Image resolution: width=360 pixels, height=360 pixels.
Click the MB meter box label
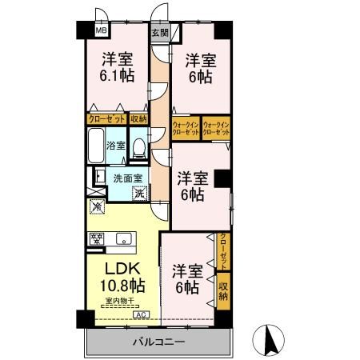coord(101,31)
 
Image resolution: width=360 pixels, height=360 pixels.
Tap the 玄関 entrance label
coord(160,33)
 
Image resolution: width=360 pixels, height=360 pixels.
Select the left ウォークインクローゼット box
coord(186,127)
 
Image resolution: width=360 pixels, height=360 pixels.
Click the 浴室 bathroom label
coord(115,146)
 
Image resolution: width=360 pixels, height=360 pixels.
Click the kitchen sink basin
coord(125,238)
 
